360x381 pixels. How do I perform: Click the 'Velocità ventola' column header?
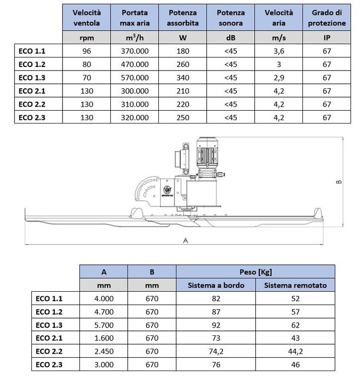click(x=86, y=17)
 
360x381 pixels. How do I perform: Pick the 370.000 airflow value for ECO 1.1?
click(x=135, y=51)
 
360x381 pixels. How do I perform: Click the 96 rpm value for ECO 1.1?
click(x=86, y=51)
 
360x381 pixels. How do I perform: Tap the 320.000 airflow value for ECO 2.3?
click(x=135, y=118)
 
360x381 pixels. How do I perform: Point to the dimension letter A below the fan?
click(x=185, y=240)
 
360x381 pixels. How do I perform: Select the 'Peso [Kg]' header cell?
click(x=255, y=271)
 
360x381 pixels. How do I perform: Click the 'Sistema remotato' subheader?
click(x=295, y=285)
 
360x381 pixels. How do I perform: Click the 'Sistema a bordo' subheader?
click(x=216, y=285)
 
